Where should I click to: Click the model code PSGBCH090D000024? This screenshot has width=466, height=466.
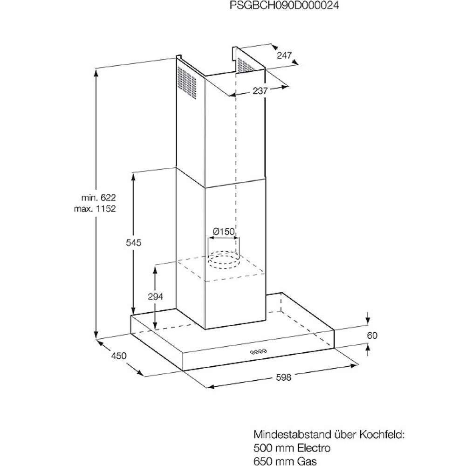(x=284, y=6)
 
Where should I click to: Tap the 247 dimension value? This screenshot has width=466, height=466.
(x=284, y=55)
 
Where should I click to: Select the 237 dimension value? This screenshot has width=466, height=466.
(x=260, y=91)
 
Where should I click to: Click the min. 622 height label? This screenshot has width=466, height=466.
(x=99, y=198)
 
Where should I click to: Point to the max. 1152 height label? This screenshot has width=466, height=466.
(x=95, y=209)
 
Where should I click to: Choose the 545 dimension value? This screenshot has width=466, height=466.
(x=134, y=243)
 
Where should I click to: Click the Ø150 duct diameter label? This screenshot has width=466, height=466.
(x=224, y=232)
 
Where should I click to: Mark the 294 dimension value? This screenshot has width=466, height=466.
(x=156, y=296)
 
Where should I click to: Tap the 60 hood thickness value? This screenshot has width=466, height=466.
(x=372, y=336)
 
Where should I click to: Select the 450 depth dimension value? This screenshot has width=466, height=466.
(x=119, y=356)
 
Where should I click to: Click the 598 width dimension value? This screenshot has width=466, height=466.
(x=283, y=377)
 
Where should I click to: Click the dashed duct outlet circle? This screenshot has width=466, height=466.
(x=223, y=265)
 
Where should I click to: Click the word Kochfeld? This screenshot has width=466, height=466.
(x=382, y=435)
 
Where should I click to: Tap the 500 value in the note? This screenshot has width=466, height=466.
(x=262, y=448)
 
